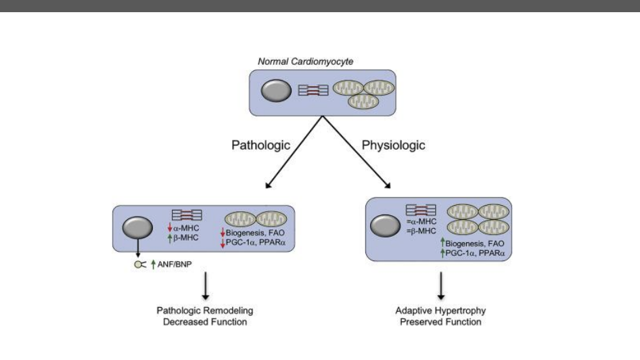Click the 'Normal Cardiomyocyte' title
click(x=305, y=62)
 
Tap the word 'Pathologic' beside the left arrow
click(x=261, y=145)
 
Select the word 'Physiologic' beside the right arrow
click(x=394, y=145)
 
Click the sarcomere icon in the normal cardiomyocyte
click(x=314, y=89)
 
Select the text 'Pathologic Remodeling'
click(x=204, y=311)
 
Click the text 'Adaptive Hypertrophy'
click(x=440, y=311)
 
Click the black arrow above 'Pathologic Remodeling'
click(x=204, y=286)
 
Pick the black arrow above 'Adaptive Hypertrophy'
click(x=441, y=286)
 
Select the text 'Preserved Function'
click(x=440, y=322)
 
